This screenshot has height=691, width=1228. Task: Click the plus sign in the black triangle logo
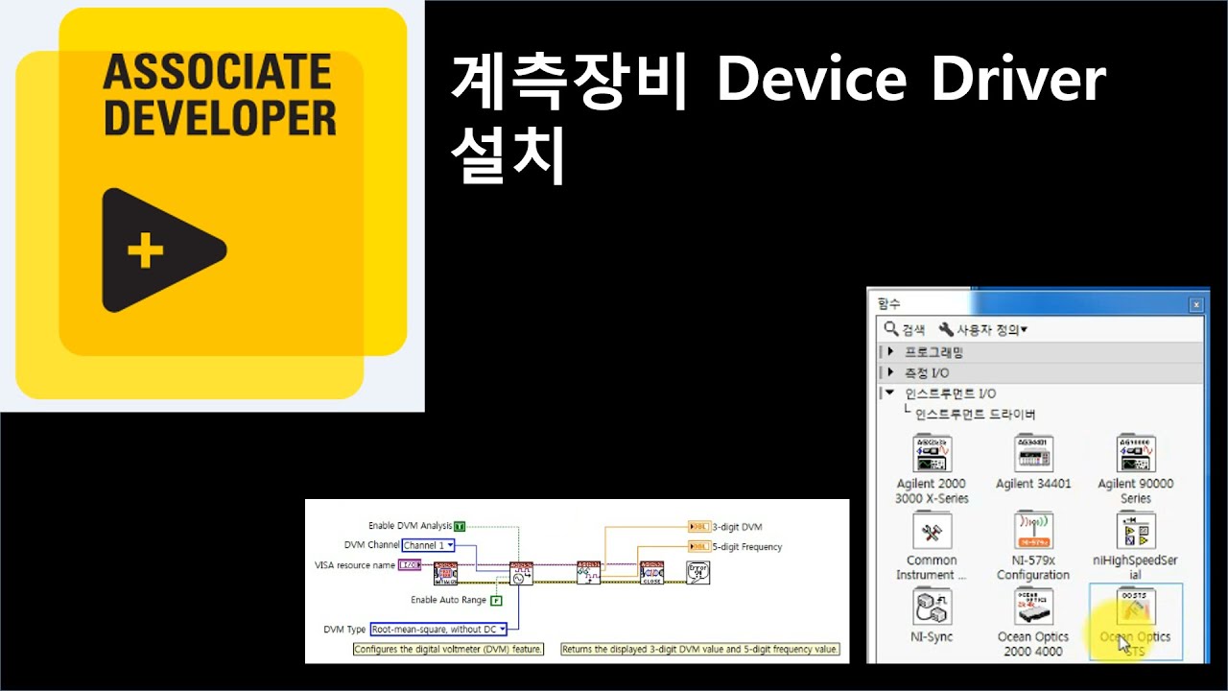click(x=145, y=251)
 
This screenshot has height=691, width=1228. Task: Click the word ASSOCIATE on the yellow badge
click(x=216, y=73)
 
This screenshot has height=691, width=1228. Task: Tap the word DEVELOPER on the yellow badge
click(x=220, y=118)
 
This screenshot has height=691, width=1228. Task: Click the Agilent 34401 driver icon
click(x=1033, y=453)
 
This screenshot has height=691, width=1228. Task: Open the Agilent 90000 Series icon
click(x=1136, y=453)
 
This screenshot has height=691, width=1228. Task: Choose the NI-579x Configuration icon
click(x=1033, y=530)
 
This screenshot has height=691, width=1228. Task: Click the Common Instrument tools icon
click(x=932, y=530)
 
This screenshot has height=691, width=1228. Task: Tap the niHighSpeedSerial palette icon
click(x=1136, y=530)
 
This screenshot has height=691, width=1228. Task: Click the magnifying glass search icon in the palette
click(x=891, y=329)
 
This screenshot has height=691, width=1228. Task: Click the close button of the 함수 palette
click(x=1195, y=304)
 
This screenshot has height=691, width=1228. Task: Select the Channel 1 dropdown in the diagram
click(x=428, y=545)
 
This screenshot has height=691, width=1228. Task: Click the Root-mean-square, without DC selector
click(x=438, y=630)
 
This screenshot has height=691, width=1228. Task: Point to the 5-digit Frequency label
click(x=747, y=547)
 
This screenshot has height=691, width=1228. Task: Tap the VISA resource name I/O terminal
click(x=410, y=565)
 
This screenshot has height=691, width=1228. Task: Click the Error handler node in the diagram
click(x=698, y=573)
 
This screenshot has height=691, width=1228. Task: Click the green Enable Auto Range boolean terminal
click(x=496, y=601)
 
